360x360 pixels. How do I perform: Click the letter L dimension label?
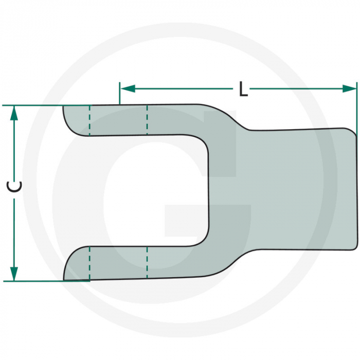pos(243,90)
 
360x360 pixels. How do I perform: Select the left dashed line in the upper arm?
pos(89,120)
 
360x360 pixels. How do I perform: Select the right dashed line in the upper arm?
pos(147,120)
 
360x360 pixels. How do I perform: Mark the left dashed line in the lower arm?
pos(89,263)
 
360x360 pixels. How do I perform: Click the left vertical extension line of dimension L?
pos(120,95)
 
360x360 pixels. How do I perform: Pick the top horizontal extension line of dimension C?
pos(36,106)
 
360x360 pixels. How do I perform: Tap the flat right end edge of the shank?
pos(356,190)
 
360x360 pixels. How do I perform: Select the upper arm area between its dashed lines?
pos(118,120)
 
